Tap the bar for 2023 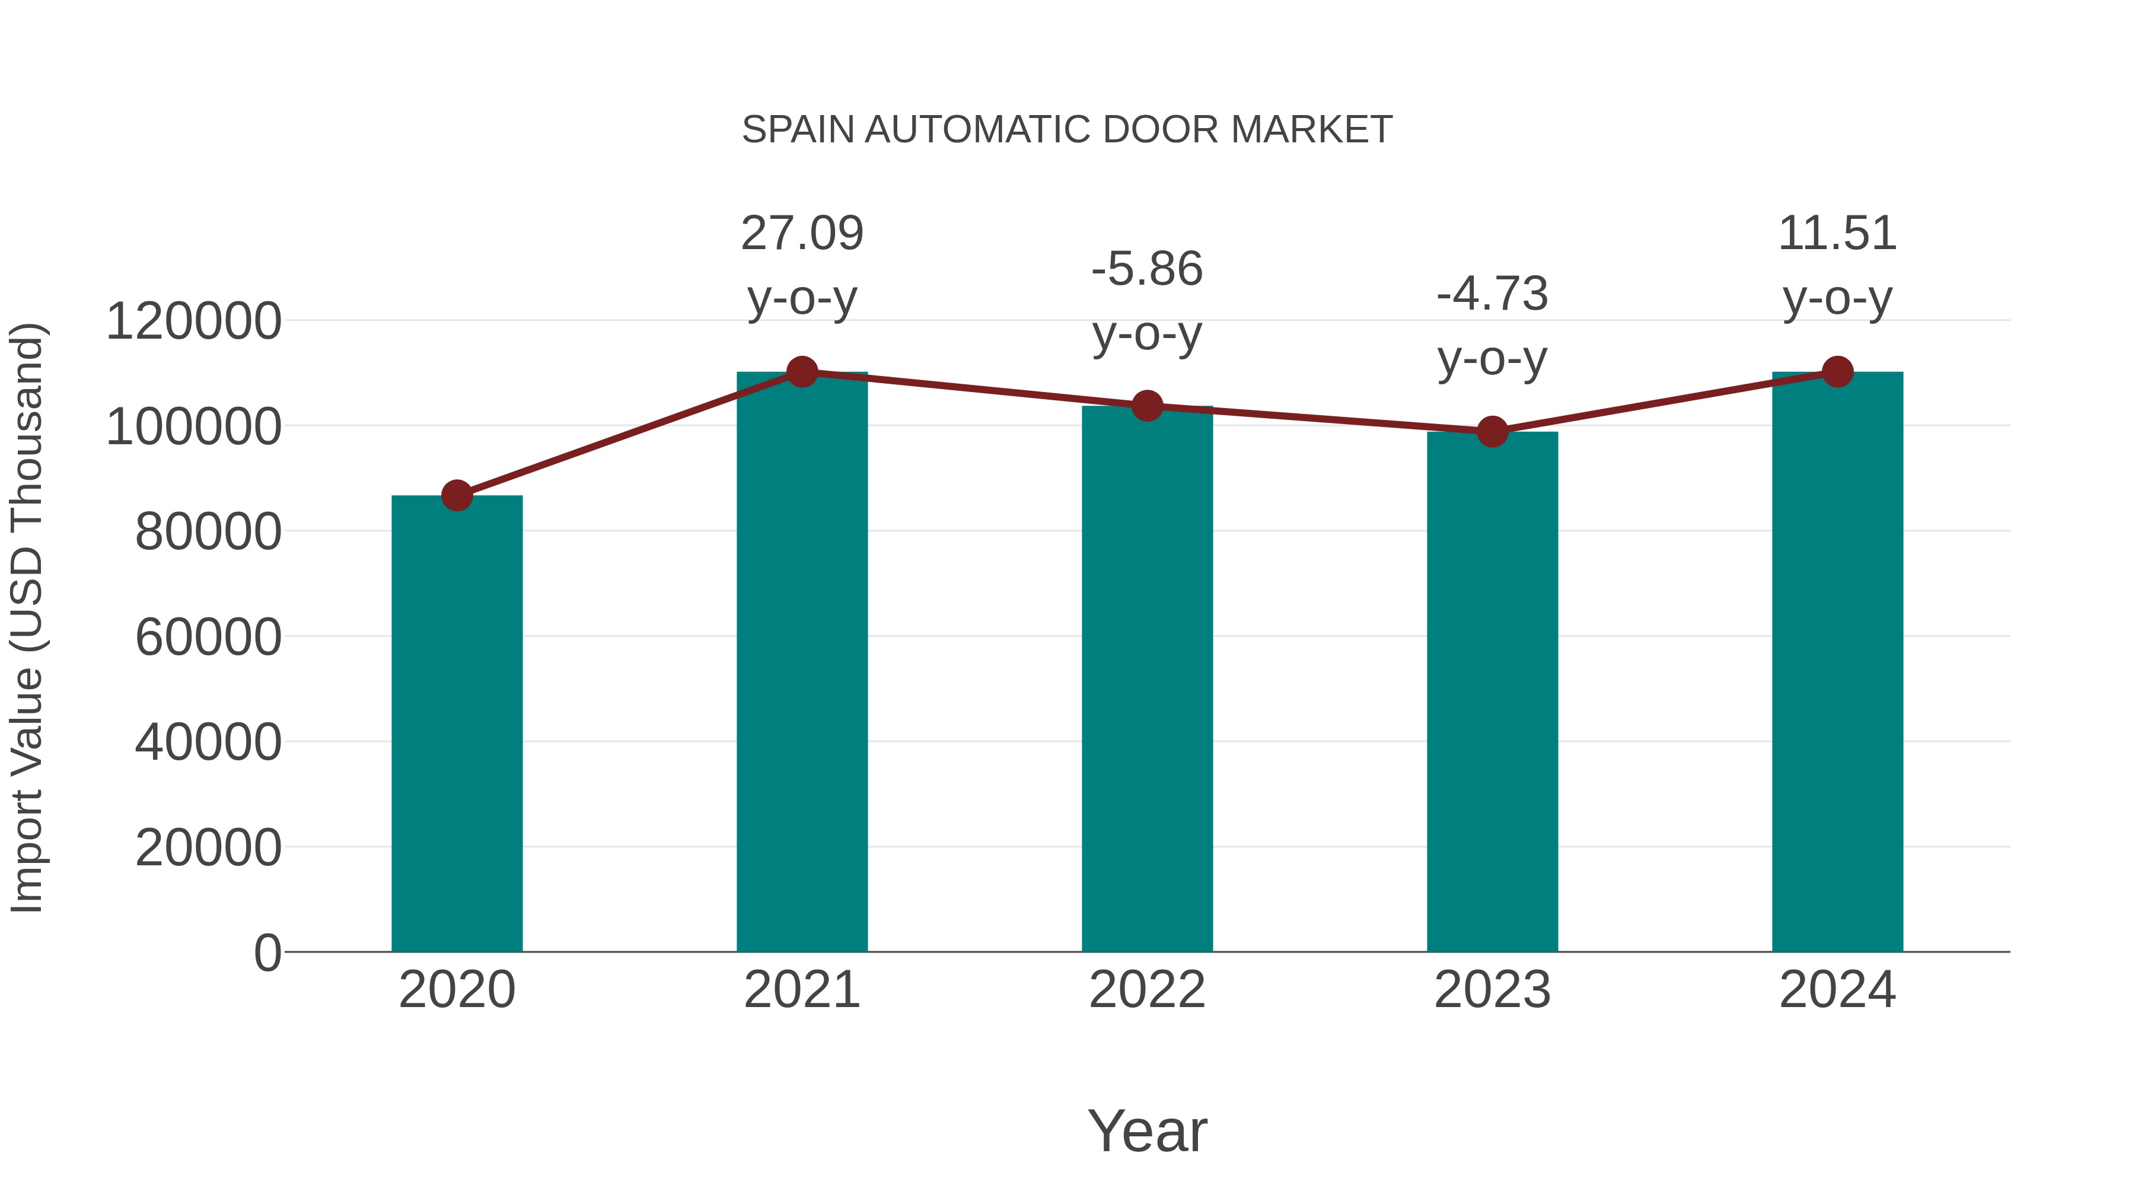tap(1492, 692)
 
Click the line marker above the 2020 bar tap(457, 496)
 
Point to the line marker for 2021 tap(801, 372)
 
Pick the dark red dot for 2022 tap(1147, 406)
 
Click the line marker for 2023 tap(1492, 432)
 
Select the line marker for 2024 tap(1837, 372)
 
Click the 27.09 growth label tap(801, 234)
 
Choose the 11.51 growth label tap(1837, 234)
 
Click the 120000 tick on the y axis tap(193, 321)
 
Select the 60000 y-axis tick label tap(208, 638)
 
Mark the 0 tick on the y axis tap(267, 952)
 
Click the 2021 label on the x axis tap(801, 990)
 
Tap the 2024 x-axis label tap(1837, 990)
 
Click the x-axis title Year tap(1147, 1130)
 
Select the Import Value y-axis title tap(27, 617)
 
